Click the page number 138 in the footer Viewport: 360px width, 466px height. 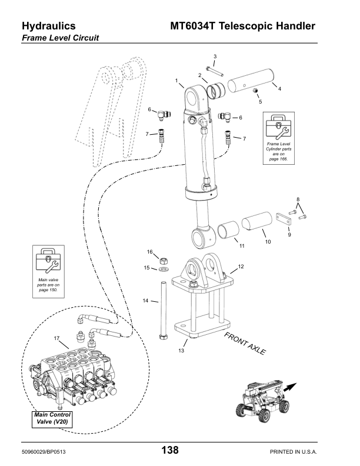170,450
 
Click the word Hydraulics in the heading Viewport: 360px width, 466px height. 49,26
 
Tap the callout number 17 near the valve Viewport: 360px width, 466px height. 56,338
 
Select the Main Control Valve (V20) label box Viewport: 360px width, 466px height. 52,420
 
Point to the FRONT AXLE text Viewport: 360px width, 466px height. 245,343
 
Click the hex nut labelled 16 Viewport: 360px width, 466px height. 163,261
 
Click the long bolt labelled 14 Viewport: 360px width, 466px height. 164,311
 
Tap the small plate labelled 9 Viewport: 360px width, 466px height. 284,218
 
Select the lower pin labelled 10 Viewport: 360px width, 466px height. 257,221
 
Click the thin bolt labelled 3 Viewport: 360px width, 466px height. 215,71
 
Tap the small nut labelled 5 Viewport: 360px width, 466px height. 255,90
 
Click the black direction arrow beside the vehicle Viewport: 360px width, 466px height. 290,387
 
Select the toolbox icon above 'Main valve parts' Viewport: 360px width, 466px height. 48,260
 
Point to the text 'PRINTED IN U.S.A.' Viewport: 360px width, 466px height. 293,452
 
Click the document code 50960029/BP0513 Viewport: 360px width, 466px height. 44,452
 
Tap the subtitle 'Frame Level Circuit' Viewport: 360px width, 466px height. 61,38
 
